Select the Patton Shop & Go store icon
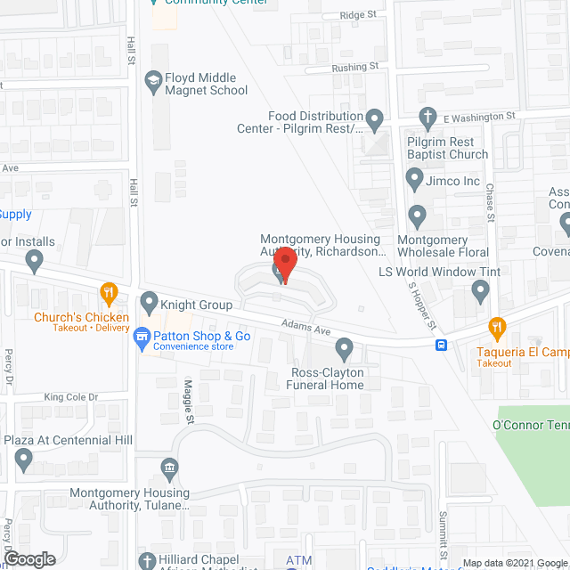coord(142,336)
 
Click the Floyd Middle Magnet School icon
coord(153,81)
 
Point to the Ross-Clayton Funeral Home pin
coord(344,346)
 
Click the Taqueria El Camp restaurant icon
coord(497,326)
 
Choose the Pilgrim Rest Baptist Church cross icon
coord(428,117)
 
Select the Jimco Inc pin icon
coord(414,180)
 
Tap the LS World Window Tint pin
coord(481,289)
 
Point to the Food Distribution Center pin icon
coord(375,118)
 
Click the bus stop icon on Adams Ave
coord(442,346)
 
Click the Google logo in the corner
coord(28,558)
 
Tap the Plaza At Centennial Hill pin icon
coord(23,460)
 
